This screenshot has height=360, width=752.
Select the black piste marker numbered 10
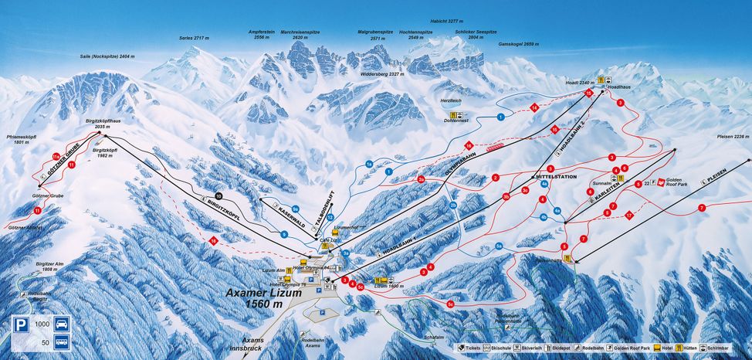[218, 195]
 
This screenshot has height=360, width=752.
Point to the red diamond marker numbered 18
[213, 242]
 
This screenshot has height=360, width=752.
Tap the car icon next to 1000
[62, 324]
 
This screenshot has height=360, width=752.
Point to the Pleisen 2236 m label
[730, 136]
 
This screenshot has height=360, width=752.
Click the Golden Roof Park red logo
[660, 182]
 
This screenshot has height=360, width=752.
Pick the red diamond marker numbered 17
[629, 214]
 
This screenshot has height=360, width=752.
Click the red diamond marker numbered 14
[533, 107]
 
